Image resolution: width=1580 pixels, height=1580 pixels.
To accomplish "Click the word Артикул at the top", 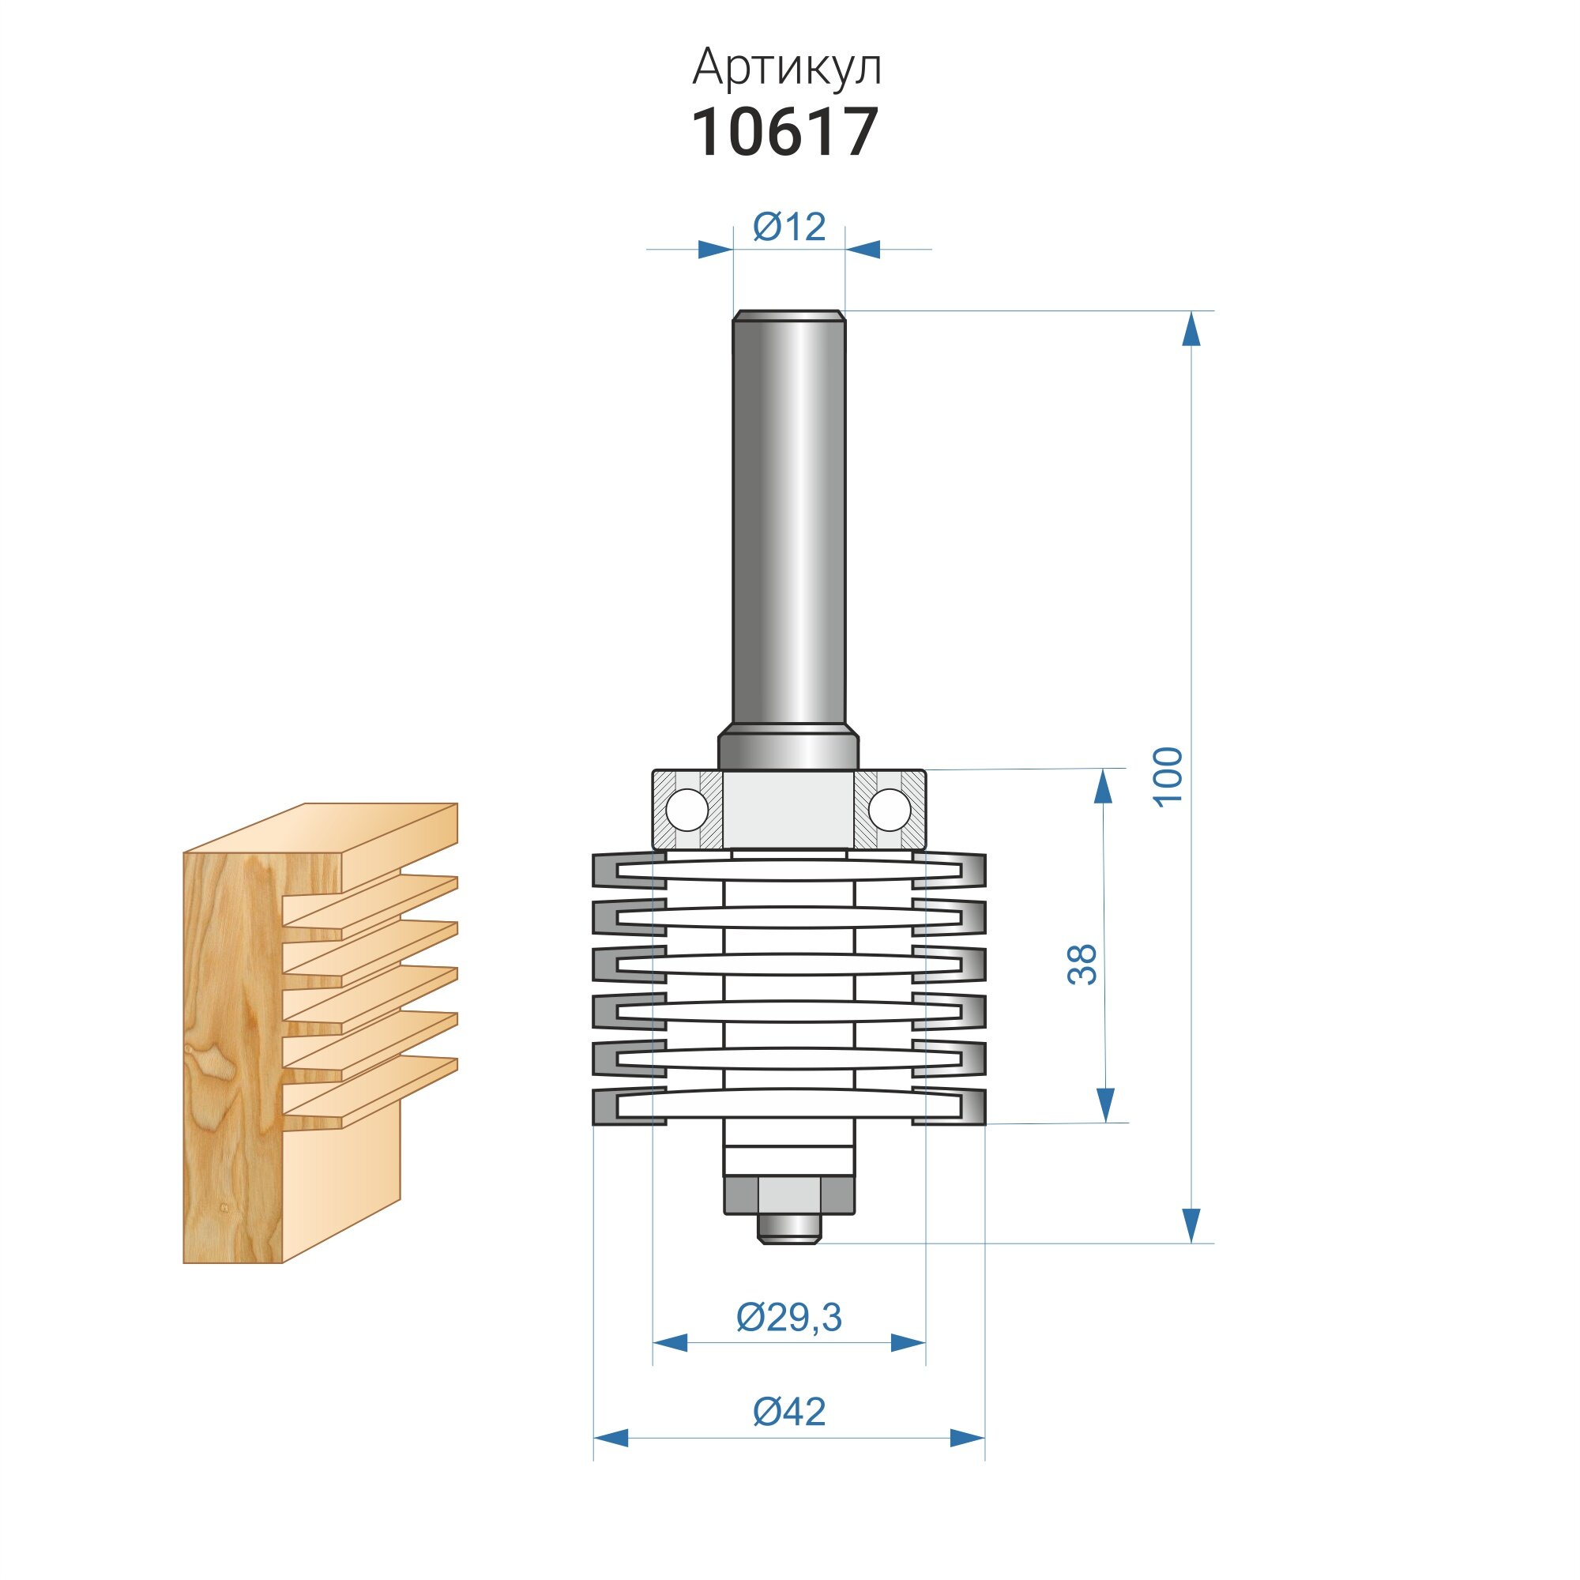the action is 787,69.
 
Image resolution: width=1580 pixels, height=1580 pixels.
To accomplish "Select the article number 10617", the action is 785,132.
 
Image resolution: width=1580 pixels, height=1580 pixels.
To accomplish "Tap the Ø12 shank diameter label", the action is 789,226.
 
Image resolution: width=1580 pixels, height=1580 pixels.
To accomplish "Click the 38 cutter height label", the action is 1082,964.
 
